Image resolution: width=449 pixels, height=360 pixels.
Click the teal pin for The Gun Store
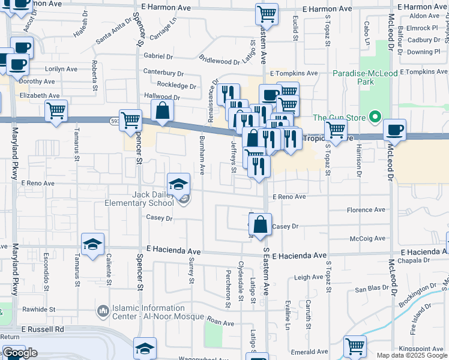[375, 117]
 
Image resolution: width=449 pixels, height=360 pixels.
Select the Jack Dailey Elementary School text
[153, 199]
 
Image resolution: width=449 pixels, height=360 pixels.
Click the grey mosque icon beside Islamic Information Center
[103, 311]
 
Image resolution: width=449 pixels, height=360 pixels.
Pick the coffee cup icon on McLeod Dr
[394, 130]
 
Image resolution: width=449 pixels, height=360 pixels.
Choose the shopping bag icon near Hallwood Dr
[162, 110]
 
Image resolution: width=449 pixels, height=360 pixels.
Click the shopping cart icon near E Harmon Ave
[267, 14]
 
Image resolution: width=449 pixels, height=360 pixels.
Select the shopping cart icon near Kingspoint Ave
[355, 346]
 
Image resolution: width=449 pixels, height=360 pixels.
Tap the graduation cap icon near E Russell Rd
[145, 349]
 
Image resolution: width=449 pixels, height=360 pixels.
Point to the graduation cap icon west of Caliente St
[93, 244]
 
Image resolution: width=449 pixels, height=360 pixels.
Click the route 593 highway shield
[113, 121]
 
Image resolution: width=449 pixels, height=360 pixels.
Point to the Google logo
[20, 353]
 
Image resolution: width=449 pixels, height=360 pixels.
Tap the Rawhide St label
[40, 310]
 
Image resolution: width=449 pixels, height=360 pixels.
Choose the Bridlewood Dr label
[220, 61]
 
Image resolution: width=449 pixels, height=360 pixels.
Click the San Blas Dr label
[368, 289]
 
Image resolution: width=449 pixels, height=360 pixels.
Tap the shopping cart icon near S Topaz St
[336, 129]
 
